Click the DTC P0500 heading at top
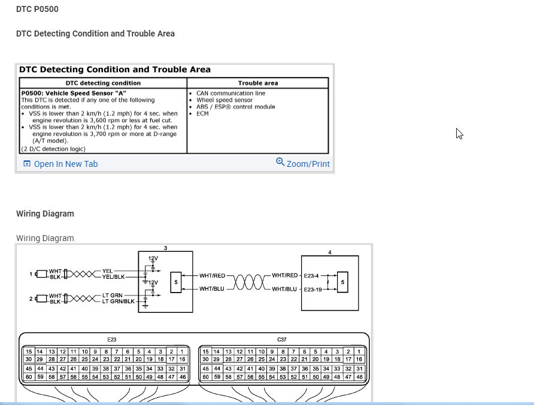click(37, 10)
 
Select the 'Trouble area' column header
click(258, 83)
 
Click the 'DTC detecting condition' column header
click(103, 83)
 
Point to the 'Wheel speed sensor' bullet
click(224, 100)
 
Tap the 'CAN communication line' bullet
click(230, 93)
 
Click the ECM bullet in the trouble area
click(202, 114)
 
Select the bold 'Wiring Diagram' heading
click(45, 214)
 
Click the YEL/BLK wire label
click(114, 277)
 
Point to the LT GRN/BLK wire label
click(118, 301)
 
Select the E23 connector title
click(105, 339)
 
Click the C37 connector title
click(282, 339)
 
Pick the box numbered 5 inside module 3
click(175, 281)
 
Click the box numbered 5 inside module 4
click(342, 281)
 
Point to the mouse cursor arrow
click(459, 133)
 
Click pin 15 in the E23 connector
click(28, 351)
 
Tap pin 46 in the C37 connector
click(359, 377)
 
